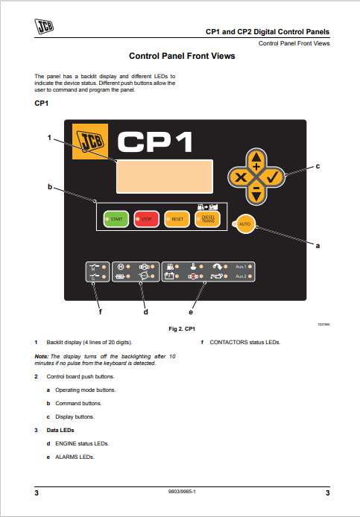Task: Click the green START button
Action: [116, 218]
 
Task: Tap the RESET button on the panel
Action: [176, 218]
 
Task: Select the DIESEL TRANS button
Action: [206, 218]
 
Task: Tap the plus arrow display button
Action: [256, 161]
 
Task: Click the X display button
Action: [240, 177]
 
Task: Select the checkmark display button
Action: [272, 177]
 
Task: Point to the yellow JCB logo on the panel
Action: [89, 142]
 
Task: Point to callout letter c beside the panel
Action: [318, 165]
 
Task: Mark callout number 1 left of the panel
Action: [49, 137]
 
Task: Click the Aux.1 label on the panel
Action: [240, 266]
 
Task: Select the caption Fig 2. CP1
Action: [182, 329]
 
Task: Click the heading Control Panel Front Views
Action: [182, 56]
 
